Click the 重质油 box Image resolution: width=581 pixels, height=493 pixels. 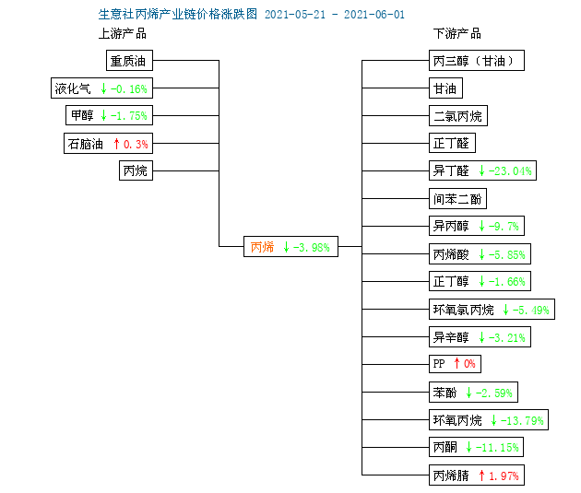point(129,60)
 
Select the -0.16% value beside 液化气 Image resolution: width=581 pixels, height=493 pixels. point(128,88)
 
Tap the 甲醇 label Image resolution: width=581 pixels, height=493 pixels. point(82,115)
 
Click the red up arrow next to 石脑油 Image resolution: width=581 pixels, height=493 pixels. point(116,144)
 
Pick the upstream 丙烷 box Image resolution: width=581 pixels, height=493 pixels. point(136,170)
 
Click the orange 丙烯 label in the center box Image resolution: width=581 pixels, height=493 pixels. point(262,247)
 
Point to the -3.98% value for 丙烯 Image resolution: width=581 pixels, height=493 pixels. point(312,247)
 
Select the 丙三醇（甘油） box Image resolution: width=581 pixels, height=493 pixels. point(477,60)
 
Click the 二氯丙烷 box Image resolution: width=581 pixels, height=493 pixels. point(458,116)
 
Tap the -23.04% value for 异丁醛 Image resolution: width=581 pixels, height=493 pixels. point(510,171)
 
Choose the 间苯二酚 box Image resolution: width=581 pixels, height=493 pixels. point(457,199)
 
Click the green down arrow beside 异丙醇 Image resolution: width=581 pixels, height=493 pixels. point(481,226)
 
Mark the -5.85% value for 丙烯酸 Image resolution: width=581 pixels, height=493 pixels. point(507,254)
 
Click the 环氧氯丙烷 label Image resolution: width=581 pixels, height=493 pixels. point(463,310)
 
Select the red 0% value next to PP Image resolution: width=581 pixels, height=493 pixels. point(469,364)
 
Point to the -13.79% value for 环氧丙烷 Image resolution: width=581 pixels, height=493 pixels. point(522,420)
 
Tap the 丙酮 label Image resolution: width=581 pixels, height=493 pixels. point(445,447)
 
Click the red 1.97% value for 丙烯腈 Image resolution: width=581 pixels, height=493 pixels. point(504,475)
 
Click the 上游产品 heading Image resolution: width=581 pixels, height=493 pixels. point(123,34)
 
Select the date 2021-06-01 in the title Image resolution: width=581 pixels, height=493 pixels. point(374,15)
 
